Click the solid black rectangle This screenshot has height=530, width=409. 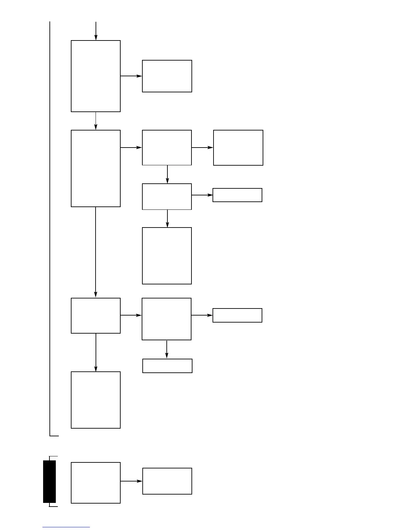pyautogui.click(x=49, y=481)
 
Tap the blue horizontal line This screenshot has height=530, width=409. pyautogui.click(x=66, y=527)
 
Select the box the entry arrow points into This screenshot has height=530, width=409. pyautogui.click(x=96, y=76)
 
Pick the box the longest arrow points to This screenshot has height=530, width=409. pyautogui.click(x=96, y=316)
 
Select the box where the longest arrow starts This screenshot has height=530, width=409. pyautogui.click(x=96, y=168)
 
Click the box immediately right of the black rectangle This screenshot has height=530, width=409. pyautogui.click(x=96, y=482)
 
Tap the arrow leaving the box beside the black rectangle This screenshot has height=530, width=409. pyautogui.click(x=131, y=481)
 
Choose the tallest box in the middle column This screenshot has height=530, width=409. pyautogui.click(x=167, y=256)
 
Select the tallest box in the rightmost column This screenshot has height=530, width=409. pyautogui.click(x=238, y=148)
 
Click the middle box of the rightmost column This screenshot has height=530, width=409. pyautogui.click(x=237, y=195)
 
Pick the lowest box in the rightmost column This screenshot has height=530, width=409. pyautogui.click(x=237, y=315)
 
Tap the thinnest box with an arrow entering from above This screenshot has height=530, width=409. pyautogui.click(x=167, y=366)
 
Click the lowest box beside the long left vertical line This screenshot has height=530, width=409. pyautogui.click(x=96, y=400)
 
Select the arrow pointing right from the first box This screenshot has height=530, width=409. pyautogui.click(x=131, y=76)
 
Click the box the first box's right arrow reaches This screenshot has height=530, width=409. pyautogui.click(x=167, y=76)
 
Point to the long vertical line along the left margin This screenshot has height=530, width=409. pyautogui.click(x=50, y=228)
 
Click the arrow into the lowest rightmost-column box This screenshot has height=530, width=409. pyautogui.click(x=202, y=315)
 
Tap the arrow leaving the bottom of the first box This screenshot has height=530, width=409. pyautogui.click(x=96, y=121)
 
